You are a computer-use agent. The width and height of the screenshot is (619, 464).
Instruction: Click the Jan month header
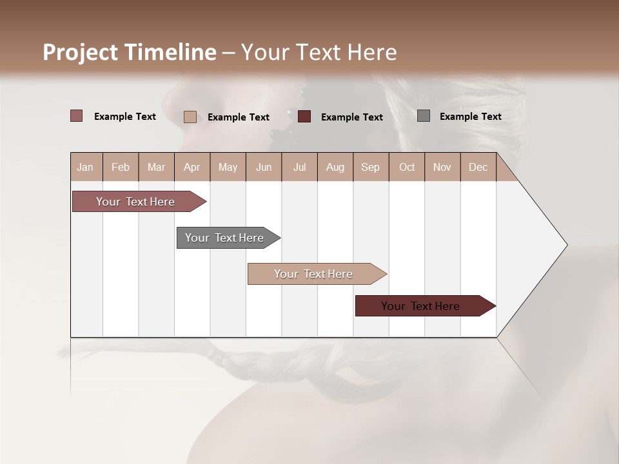pos(85,167)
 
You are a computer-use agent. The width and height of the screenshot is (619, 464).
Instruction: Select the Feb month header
pos(121,167)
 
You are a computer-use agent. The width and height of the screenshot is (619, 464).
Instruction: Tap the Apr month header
pos(192,167)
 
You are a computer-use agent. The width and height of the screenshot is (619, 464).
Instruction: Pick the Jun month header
pos(264,167)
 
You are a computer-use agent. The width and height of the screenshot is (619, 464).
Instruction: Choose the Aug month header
pos(335,167)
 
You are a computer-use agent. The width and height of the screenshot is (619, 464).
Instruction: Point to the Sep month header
pos(370,167)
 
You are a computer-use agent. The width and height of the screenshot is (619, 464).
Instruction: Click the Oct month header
pos(407,167)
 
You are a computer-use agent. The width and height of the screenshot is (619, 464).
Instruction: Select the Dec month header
pos(478,167)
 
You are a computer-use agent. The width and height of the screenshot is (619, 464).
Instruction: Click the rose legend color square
pos(77,116)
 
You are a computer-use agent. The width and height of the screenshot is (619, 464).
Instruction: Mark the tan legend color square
pos(190,117)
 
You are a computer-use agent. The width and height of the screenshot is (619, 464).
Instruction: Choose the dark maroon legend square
pos(304,116)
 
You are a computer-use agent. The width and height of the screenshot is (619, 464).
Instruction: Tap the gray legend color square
pos(424,116)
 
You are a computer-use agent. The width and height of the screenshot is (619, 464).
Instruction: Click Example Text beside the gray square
pos(470,117)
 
